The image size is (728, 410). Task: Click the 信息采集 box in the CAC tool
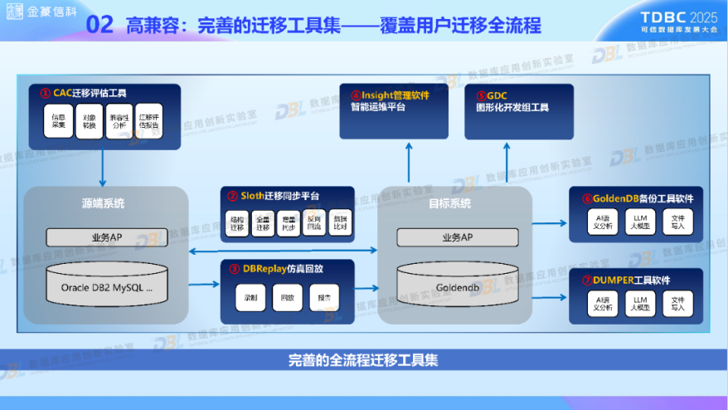[x=58, y=122]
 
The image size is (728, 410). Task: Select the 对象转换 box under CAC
[x=89, y=122]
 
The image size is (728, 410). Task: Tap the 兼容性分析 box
[x=119, y=122]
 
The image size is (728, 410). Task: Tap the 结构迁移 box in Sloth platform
[x=238, y=222]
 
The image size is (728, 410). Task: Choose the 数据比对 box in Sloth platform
[x=341, y=222]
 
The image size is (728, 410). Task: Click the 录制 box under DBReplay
[x=250, y=296]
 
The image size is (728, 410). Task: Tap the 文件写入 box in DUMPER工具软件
[x=678, y=302]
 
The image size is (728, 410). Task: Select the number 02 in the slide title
[x=100, y=25]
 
